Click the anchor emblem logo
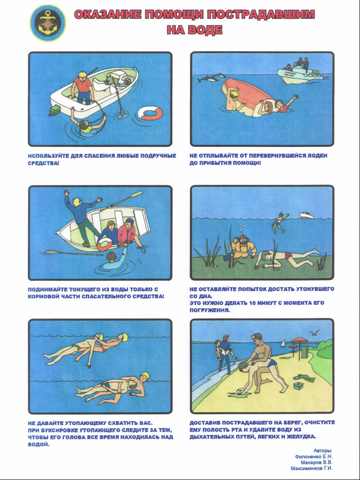[x=48, y=23]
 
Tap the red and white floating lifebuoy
[x=150, y=113]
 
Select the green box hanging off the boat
[x=55, y=110]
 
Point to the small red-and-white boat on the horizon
[x=307, y=215]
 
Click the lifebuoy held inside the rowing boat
[x=104, y=244]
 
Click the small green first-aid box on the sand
[x=298, y=386]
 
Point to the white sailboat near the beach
[x=283, y=343]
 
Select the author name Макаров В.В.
[x=316, y=462]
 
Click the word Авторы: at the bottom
[x=323, y=450]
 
